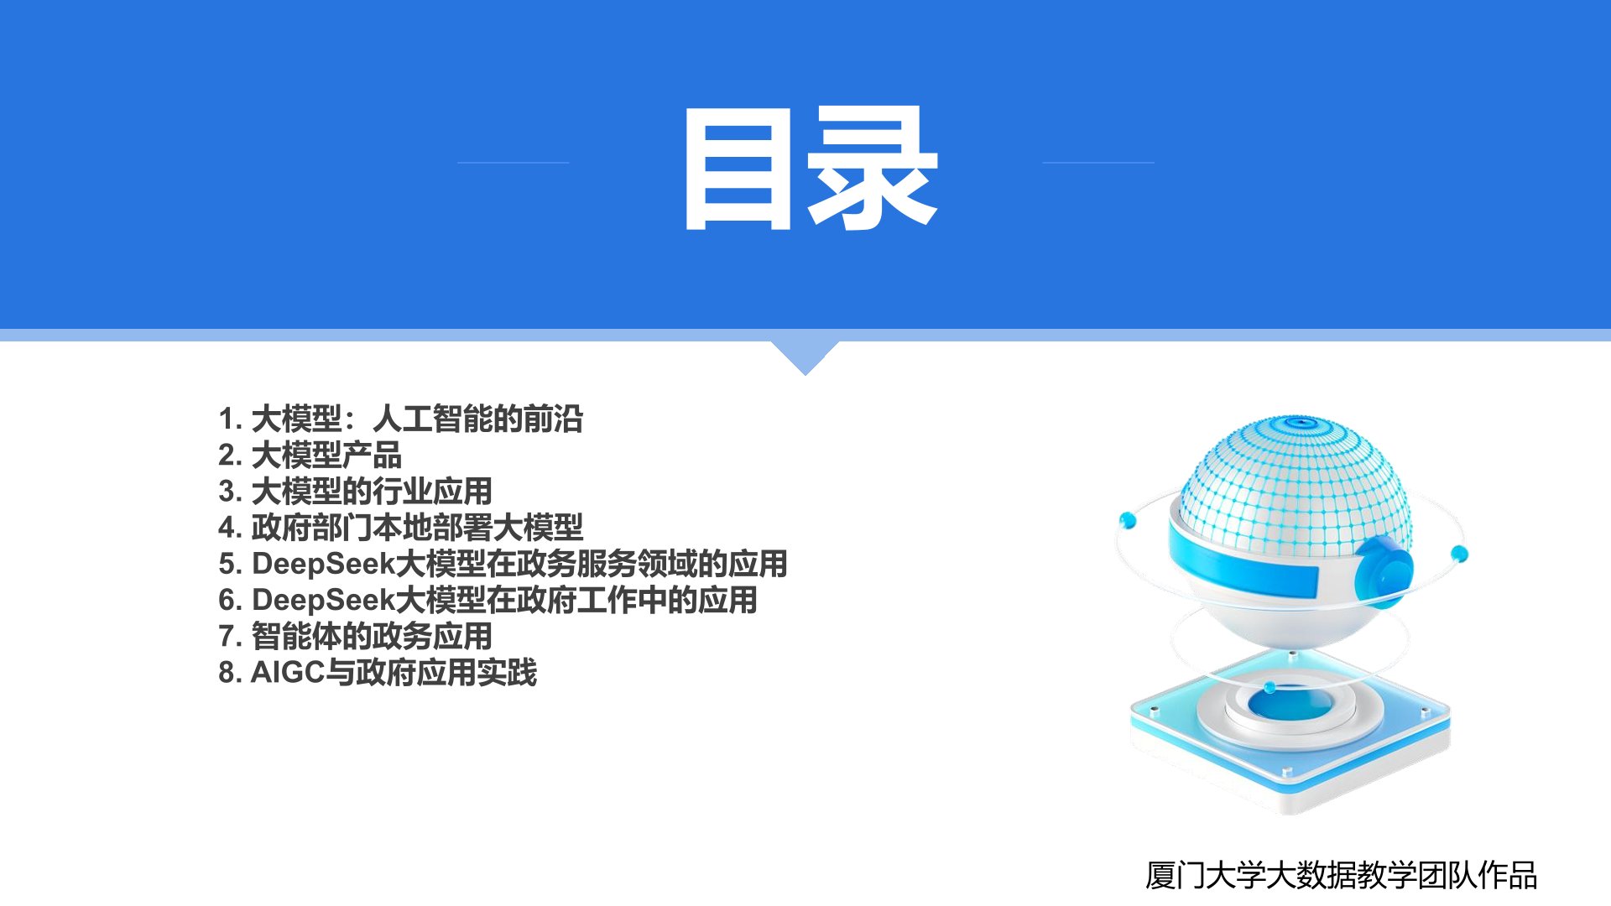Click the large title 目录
811,168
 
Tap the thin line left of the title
513,163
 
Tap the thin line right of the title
1097,163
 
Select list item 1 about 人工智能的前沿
400,419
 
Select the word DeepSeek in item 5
323,564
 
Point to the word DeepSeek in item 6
323,600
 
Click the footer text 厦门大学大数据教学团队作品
1341,875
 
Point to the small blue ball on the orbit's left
1128,521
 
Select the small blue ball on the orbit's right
1459,554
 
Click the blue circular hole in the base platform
1289,703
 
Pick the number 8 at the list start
227,672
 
